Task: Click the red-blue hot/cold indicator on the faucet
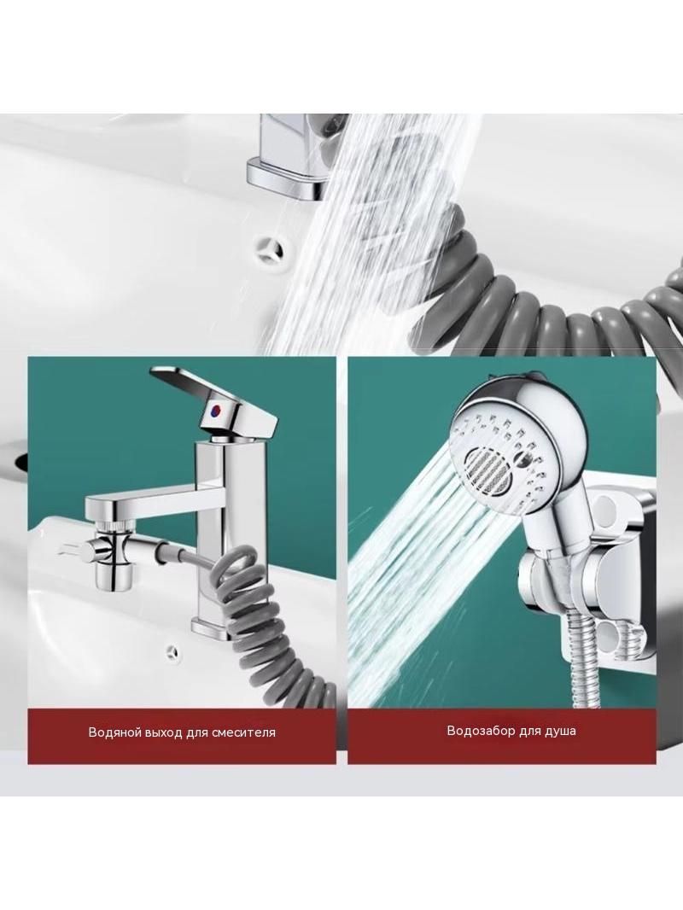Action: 214,412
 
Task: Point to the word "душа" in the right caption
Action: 560,731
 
